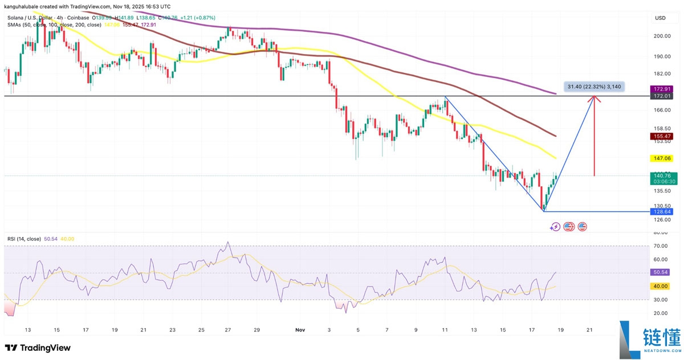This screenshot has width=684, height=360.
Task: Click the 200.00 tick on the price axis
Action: (x=662, y=35)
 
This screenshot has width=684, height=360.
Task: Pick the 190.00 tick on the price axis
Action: (x=662, y=56)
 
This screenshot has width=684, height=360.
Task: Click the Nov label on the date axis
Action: (x=300, y=330)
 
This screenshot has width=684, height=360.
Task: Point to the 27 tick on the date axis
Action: (x=228, y=330)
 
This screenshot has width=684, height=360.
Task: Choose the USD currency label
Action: (x=661, y=18)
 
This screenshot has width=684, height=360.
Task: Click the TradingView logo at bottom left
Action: (x=38, y=347)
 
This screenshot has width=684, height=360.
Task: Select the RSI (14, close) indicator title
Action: (x=24, y=239)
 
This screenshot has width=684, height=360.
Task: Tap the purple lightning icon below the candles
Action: (x=555, y=227)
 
